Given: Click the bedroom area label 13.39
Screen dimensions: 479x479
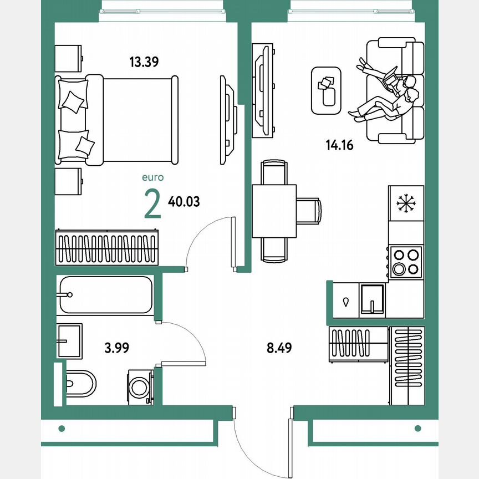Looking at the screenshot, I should click(x=144, y=62).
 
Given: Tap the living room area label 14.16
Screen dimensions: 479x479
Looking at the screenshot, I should click(x=339, y=146).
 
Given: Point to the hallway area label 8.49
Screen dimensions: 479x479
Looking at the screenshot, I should click(x=279, y=348).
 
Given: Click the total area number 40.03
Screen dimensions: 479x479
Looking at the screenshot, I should click(x=184, y=202).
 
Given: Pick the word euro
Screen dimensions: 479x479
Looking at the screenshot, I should click(x=152, y=178).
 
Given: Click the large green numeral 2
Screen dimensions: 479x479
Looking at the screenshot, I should click(x=152, y=203).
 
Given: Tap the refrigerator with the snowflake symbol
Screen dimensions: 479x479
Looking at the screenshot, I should click(x=406, y=203).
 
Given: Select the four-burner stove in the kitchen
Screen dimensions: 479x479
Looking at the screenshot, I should click(x=406, y=262).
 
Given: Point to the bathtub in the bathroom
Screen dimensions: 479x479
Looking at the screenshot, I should click(x=105, y=295).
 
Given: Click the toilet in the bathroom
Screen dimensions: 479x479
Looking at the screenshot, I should click(x=80, y=383).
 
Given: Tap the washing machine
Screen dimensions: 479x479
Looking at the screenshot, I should click(x=140, y=386).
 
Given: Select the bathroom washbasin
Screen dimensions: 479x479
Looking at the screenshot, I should click(x=69, y=340).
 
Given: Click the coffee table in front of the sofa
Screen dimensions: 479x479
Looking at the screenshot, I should click(x=327, y=90).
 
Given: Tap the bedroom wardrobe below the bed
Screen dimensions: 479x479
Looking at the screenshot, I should click(x=108, y=247).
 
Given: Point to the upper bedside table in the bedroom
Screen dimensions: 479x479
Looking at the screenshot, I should click(x=69, y=58).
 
